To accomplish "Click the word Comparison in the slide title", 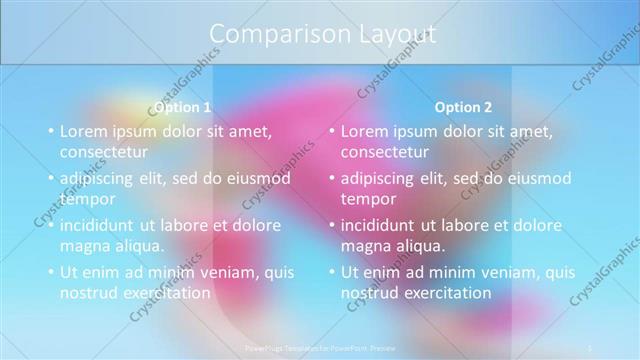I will point(269,33).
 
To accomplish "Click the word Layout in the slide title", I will point(397,33).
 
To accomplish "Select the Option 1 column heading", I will point(183,107).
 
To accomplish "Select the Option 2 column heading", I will point(464,107).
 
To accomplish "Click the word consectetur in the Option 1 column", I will point(104,152).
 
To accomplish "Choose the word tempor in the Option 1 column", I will point(84,199).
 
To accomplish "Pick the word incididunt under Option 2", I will point(380,225).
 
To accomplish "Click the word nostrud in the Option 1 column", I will point(88,292).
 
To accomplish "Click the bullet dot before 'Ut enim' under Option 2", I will point(332,273).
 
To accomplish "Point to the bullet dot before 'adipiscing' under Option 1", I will point(51,179).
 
